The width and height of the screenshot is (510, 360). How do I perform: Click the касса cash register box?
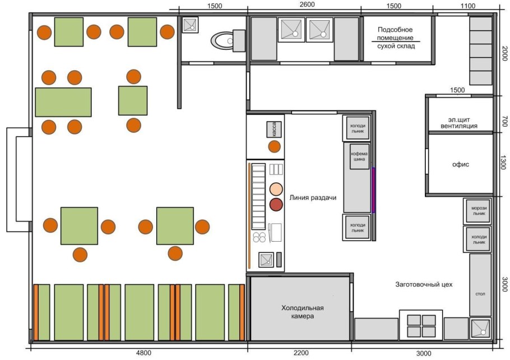pos(274,129)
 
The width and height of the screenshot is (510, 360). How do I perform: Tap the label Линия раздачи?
pos(313,197)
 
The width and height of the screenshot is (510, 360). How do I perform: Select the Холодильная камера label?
pos(303,312)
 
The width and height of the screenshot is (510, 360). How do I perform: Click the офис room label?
pos(461,164)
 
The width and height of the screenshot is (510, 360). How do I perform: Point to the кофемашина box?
pos(359,156)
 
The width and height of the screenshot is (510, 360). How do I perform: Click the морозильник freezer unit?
pos(479,211)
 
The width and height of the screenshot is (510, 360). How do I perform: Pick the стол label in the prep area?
pos(480,294)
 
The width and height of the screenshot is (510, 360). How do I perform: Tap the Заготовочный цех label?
pos(424,284)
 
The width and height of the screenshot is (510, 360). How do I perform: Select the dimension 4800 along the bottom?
pos(143,353)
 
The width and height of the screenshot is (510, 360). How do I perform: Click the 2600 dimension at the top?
pos(307,4)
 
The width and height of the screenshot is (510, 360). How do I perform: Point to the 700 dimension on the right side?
pos(504,122)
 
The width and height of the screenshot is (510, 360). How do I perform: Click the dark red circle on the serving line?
pos(276,205)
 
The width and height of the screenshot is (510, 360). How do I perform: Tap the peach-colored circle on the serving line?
pos(276,190)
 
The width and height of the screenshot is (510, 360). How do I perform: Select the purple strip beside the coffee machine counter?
pos(373,191)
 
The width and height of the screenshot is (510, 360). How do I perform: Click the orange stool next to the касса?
pos(274,147)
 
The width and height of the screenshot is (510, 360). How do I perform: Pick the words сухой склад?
pos(396,46)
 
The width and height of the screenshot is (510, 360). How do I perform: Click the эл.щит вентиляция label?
pos(459,123)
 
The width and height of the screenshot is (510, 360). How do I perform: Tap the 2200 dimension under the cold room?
pos(301,353)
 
